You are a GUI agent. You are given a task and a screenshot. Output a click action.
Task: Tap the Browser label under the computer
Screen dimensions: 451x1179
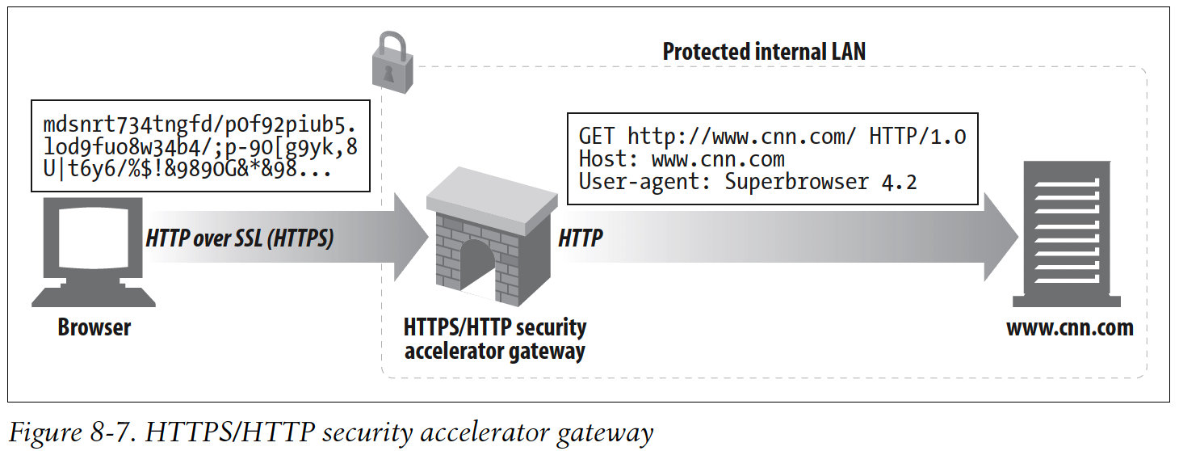pyautogui.click(x=94, y=328)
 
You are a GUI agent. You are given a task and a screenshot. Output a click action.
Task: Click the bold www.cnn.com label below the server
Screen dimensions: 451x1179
pyautogui.click(x=1069, y=328)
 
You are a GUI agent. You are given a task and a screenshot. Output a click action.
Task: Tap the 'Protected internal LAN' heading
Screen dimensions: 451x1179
pyautogui.click(x=763, y=53)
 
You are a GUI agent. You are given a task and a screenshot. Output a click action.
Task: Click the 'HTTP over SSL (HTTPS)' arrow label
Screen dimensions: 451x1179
pyautogui.click(x=239, y=238)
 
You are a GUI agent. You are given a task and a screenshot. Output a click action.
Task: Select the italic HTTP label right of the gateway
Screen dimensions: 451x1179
pyautogui.click(x=580, y=238)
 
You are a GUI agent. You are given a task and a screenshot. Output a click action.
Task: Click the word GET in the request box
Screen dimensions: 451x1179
pyautogui.click(x=598, y=136)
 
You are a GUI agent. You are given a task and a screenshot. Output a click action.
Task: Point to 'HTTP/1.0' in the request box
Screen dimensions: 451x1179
pyautogui.click(x=917, y=136)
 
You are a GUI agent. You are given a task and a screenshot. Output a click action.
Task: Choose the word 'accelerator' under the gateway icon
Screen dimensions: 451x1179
pyautogui.click(x=448, y=352)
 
